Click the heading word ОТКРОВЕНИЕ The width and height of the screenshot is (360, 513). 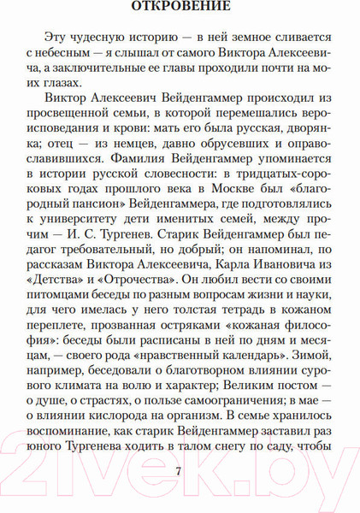click(x=180, y=9)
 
